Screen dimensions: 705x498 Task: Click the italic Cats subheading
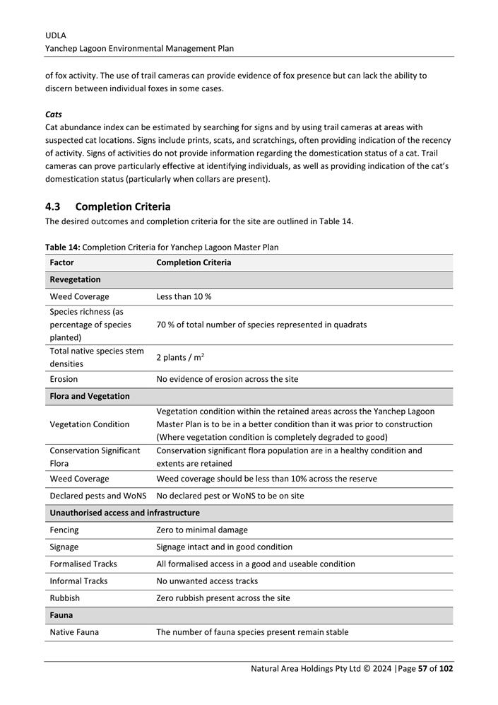click(x=53, y=114)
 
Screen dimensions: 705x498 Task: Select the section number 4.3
click(x=53, y=206)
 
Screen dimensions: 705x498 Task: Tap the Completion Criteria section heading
click(x=122, y=206)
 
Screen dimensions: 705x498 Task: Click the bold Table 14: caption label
click(x=62, y=247)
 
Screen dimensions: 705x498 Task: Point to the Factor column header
click(x=62, y=262)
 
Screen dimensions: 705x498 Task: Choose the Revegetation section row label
click(x=75, y=279)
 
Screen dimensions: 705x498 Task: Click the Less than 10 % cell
click(x=184, y=296)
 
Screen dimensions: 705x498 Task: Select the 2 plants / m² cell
click(x=180, y=358)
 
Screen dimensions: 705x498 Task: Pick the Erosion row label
click(x=64, y=379)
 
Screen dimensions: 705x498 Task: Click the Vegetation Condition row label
click(x=89, y=424)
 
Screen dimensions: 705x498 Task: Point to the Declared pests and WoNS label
click(x=98, y=496)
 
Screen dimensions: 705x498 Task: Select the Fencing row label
click(x=64, y=530)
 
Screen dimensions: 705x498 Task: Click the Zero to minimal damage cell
click(x=202, y=530)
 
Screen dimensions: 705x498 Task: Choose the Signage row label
click(x=64, y=547)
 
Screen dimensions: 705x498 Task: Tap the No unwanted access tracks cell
click(x=207, y=581)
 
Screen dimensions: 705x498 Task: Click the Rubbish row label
click(x=64, y=598)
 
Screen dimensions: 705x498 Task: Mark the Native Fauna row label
click(x=74, y=631)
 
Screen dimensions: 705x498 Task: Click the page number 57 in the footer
click(x=422, y=668)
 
